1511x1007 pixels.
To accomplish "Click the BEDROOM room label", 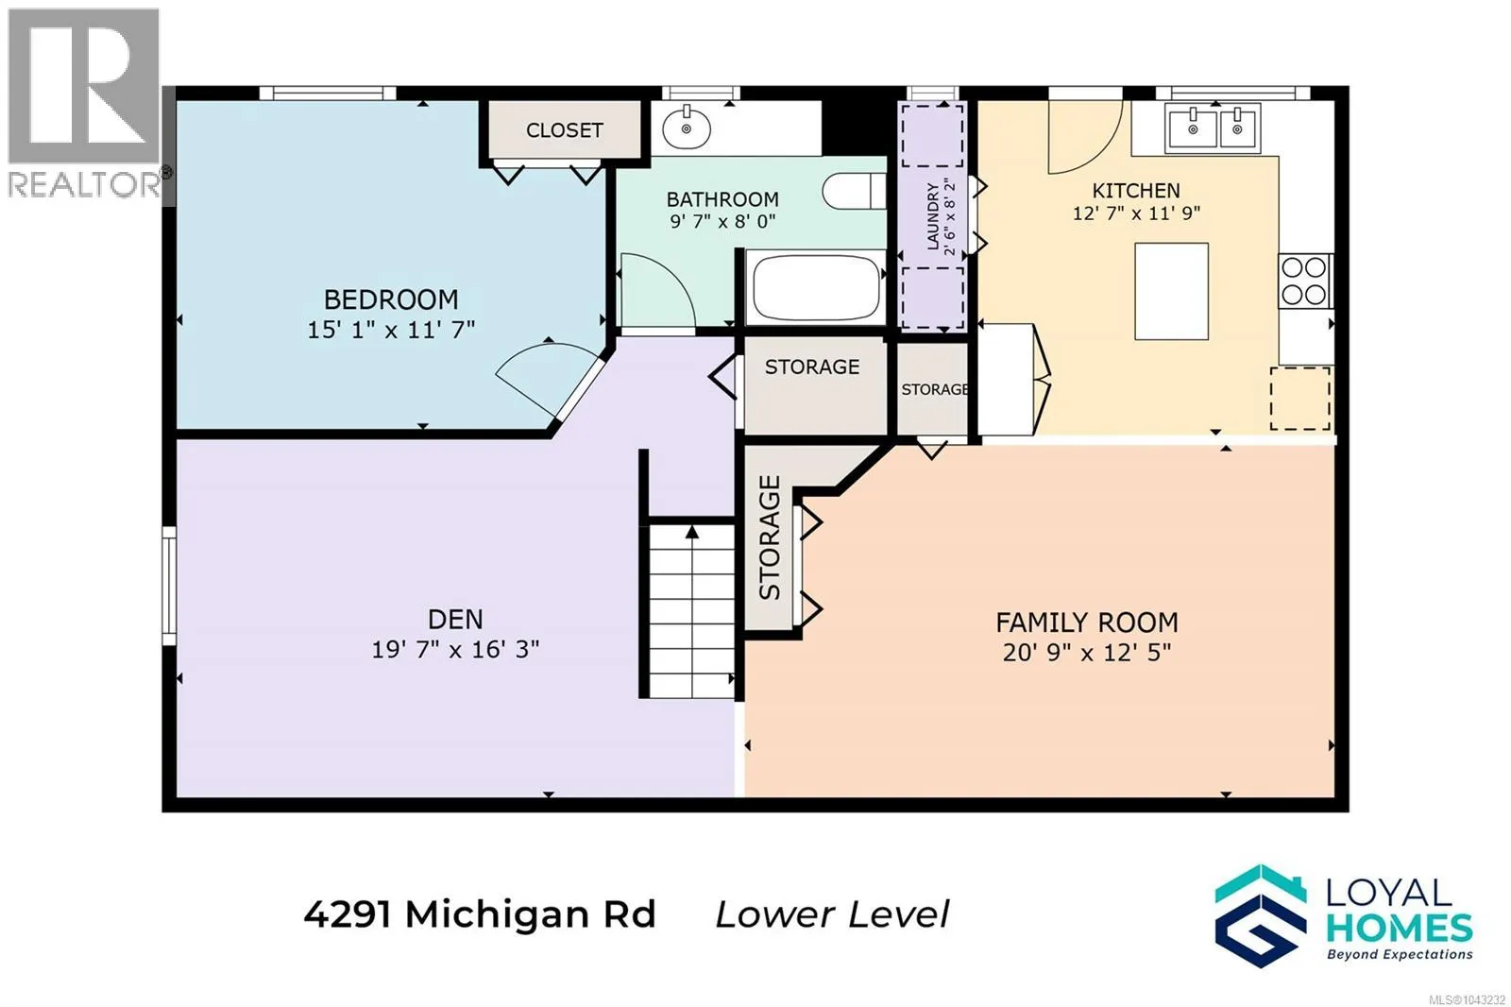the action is point(391,299).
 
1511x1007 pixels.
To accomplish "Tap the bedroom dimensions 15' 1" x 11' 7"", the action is point(391,330).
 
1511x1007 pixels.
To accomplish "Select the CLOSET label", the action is point(564,130).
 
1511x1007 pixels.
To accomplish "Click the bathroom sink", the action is point(686,127).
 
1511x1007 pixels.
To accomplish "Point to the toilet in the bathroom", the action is point(854,190).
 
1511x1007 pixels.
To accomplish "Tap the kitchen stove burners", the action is point(1304,281).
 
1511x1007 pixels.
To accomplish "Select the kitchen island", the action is point(1171,291).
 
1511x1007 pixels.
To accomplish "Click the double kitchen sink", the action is point(1213,128).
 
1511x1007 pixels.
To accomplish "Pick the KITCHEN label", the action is point(1136,190).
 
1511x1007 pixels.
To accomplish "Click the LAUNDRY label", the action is point(933,216).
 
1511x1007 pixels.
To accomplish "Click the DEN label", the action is point(455,619).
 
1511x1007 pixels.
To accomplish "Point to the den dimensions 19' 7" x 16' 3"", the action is point(455,649).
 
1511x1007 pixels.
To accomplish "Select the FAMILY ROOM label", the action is point(1087,623).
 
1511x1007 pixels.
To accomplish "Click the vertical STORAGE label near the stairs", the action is point(770,538).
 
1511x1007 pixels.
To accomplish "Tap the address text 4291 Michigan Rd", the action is point(480,915).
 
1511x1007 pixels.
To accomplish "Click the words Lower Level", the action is point(832,915).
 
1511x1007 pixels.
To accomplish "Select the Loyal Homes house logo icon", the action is point(1261,916).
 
